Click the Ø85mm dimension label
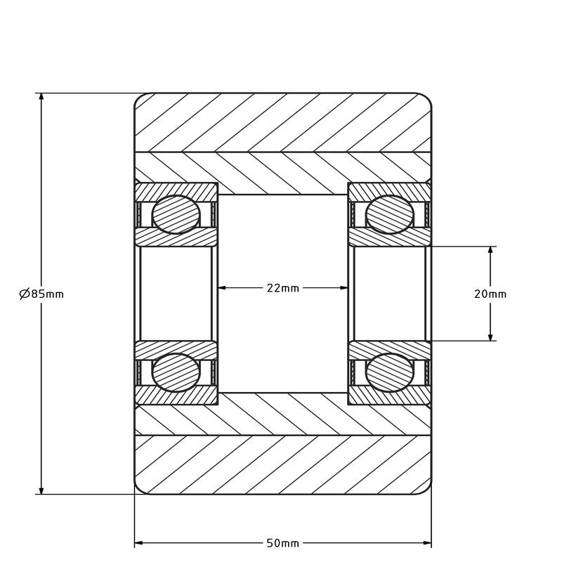(x=41, y=294)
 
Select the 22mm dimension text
(x=283, y=288)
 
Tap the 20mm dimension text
(x=490, y=294)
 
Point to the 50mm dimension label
(x=283, y=543)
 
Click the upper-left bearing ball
(x=176, y=215)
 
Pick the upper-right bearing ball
(x=390, y=215)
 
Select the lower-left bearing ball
(x=176, y=372)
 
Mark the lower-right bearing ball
(x=390, y=372)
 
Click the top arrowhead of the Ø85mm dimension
(x=41, y=98)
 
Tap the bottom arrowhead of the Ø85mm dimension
(x=41, y=490)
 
